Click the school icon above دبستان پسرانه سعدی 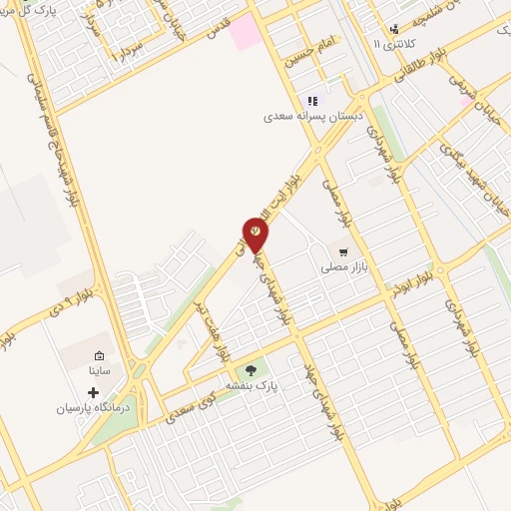coord(312,100)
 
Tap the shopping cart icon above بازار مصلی coord(344,252)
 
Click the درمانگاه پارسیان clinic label coord(94,409)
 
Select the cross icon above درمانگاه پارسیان coord(94,393)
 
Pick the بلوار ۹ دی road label coord(75,299)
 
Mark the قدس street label coord(218,31)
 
